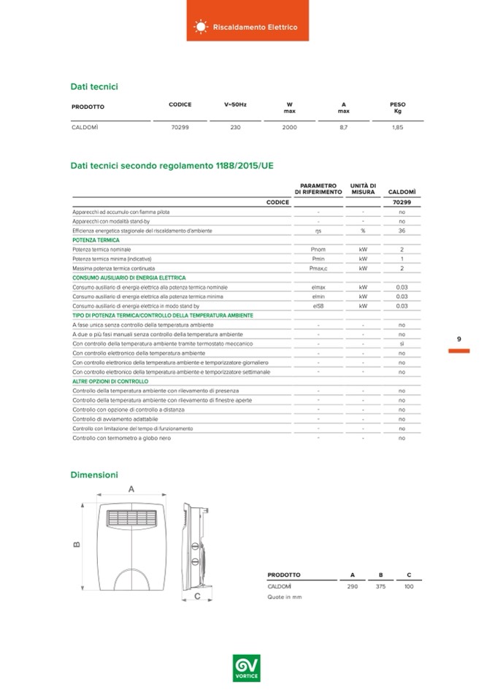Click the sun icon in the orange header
(x=200, y=27)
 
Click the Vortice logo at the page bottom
(x=247, y=669)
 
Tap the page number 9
(x=458, y=339)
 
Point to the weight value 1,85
(x=397, y=127)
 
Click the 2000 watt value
(x=289, y=127)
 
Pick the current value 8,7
(x=343, y=127)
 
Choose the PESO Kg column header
(x=397, y=108)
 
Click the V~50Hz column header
(x=235, y=104)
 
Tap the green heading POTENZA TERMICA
(x=96, y=240)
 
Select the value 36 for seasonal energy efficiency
(x=402, y=231)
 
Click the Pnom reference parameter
(x=318, y=250)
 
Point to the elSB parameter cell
(x=318, y=306)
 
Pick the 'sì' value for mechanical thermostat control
(x=402, y=343)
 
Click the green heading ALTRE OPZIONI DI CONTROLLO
(x=110, y=381)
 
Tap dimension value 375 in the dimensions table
(x=380, y=586)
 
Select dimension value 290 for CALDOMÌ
(x=353, y=586)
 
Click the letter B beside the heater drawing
(x=76, y=544)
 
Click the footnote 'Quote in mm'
(x=285, y=597)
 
